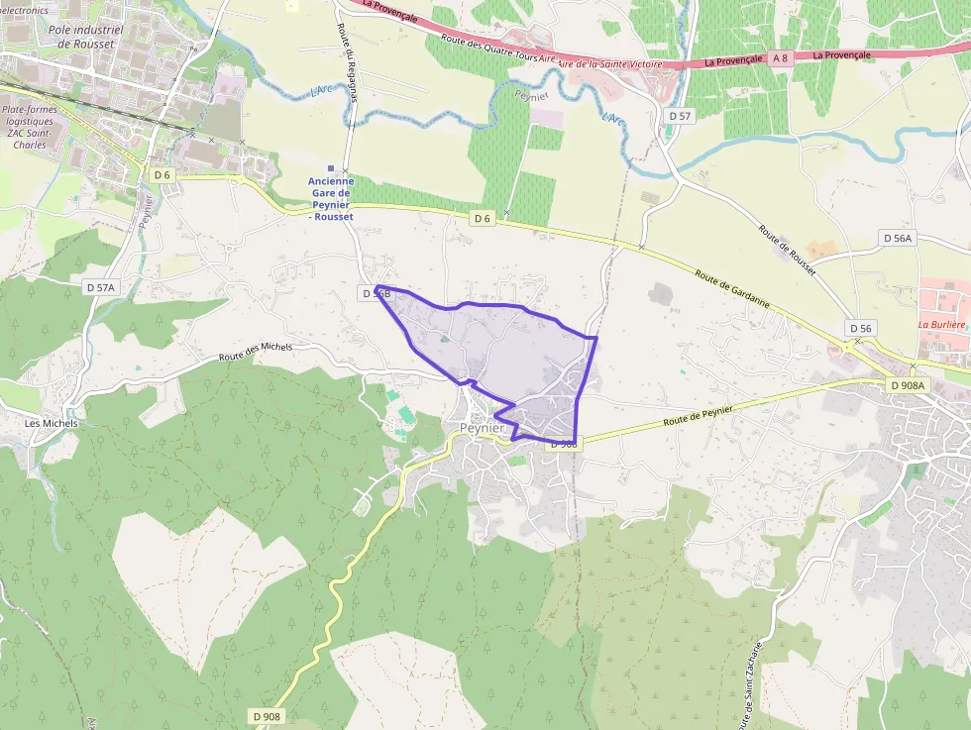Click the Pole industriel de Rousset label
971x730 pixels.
[85, 36]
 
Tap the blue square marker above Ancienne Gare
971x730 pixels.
[331, 168]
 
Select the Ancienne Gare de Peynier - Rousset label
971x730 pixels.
[331, 198]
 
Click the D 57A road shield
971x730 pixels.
[100, 287]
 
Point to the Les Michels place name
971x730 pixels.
[52, 423]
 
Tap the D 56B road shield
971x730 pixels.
[377, 293]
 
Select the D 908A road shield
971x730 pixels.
[907, 385]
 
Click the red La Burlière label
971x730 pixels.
[941, 324]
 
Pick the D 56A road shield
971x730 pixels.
[897, 238]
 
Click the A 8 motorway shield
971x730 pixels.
[781, 58]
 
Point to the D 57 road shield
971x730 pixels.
[680, 116]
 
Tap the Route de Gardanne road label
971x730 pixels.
[733, 288]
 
